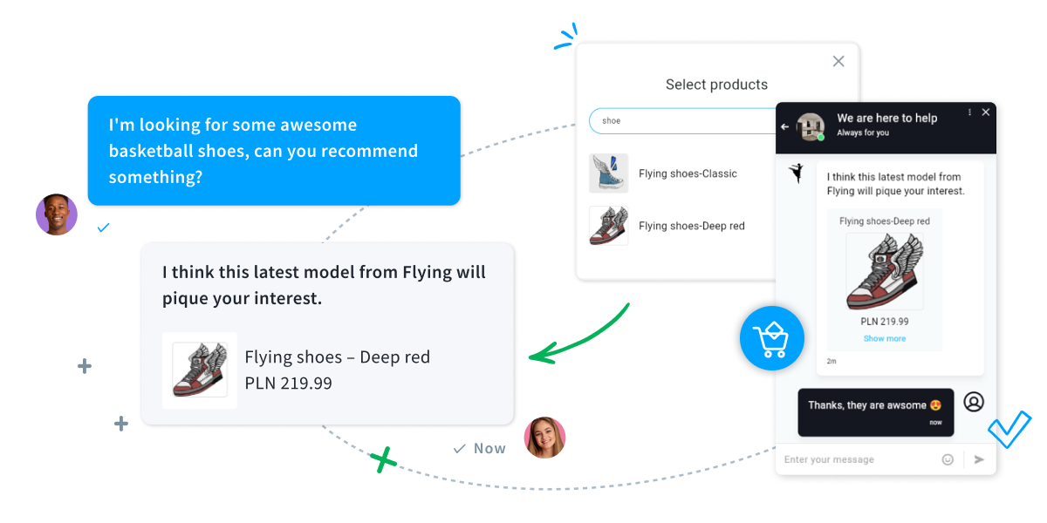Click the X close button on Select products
pyautogui.click(x=838, y=61)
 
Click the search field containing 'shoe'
pyautogui.click(x=681, y=120)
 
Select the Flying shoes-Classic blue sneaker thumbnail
pyautogui.click(x=608, y=173)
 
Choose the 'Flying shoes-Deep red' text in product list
pyautogui.click(x=692, y=226)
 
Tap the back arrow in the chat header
pyautogui.click(x=784, y=126)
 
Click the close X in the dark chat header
pyautogui.click(x=986, y=112)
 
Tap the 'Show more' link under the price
pyautogui.click(x=885, y=338)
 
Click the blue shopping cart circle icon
pyautogui.click(x=771, y=338)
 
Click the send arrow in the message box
pyautogui.click(x=979, y=459)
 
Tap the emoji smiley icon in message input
pyautogui.click(x=948, y=459)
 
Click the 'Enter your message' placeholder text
pyautogui.click(x=829, y=459)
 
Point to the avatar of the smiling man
pyautogui.click(x=57, y=214)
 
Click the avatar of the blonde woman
pyautogui.click(x=544, y=438)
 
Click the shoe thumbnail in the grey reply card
pyautogui.click(x=199, y=370)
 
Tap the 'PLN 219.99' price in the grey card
pyautogui.click(x=288, y=383)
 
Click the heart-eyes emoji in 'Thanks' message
pyautogui.click(x=936, y=405)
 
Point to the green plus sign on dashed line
pyautogui.click(x=381, y=459)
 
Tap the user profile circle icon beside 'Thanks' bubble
pyautogui.click(x=974, y=402)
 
